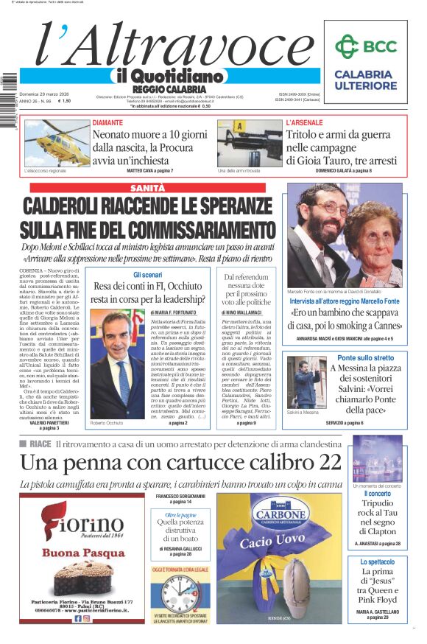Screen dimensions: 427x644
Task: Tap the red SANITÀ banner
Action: point(147,188)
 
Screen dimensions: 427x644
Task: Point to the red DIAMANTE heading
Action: point(107,123)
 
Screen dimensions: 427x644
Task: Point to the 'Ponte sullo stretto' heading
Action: point(367,358)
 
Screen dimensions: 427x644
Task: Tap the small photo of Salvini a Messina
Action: point(303,385)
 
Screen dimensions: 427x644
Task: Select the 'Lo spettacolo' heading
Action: point(377,562)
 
